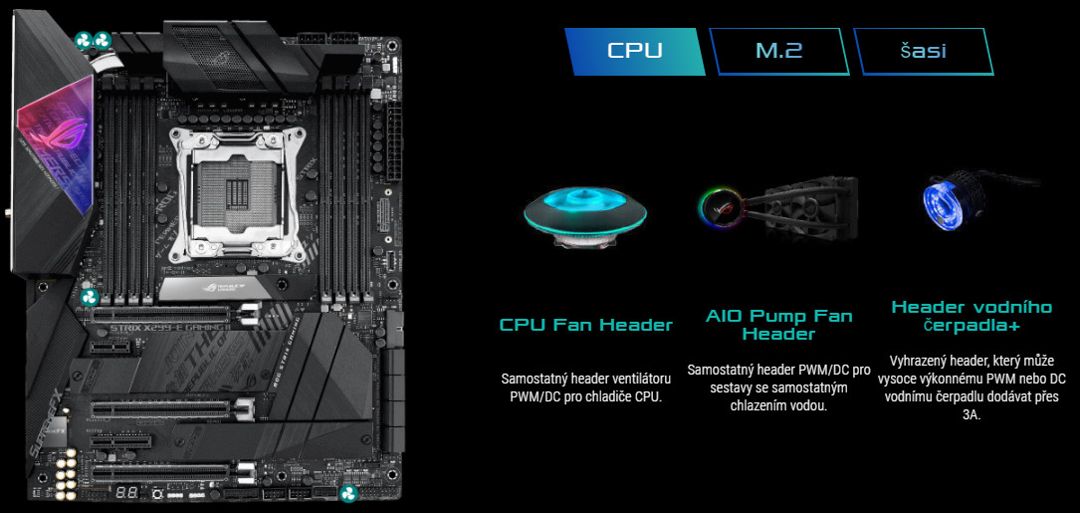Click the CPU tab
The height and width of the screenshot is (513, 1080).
pyautogui.click(x=635, y=51)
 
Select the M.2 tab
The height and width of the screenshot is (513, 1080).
pyautogui.click(x=779, y=51)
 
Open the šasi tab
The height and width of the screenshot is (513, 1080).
pyautogui.click(x=924, y=51)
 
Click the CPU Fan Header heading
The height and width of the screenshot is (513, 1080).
pyautogui.click(x=585, y=325)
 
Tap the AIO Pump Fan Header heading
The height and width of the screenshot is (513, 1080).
pyautogui.click(x=779, y=325)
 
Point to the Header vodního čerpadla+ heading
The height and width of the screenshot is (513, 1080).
pyautogui.click(x=972, y=316)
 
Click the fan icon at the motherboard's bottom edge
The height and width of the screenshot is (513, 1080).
pyautogui.click(x=348, y=494)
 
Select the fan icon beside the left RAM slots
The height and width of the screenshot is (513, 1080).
pyautogui.click(x=89, y=298)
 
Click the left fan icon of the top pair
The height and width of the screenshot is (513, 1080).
pyautogui.click(x=84, y=40)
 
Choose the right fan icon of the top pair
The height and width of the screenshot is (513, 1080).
pyautogui.click(x=103, y=40)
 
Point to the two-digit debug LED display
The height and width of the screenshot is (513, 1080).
pyautogui.click(x=125, y=494)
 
